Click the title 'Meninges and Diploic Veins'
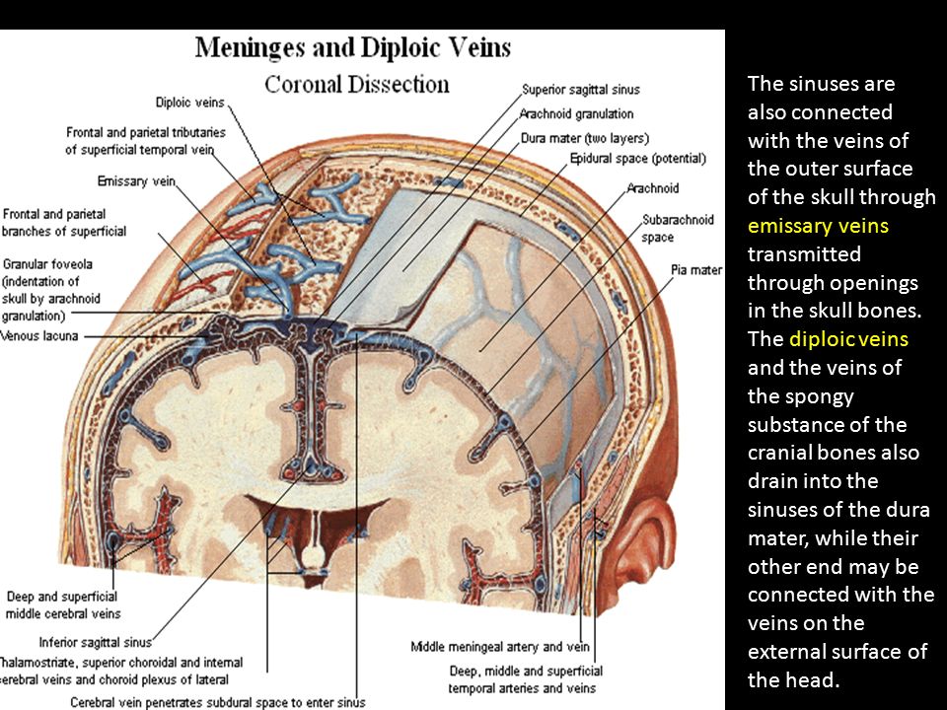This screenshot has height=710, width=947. click(x=353, y=47)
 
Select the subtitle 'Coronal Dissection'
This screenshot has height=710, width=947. click(x=356, y=84)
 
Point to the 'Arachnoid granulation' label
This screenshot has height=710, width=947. click(x=578, y=113)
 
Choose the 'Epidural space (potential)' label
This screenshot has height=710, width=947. click(x=638, y=159)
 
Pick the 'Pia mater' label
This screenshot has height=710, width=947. click(x=696, y=269)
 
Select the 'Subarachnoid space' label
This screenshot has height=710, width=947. click(x=678, y=228)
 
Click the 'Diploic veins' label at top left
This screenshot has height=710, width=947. click(x=189, y=103)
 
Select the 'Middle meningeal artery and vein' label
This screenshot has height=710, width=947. click(x=486, y=647)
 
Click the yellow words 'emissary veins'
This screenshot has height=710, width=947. click(x=818, y=226)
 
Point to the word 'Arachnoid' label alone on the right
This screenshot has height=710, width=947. click(x=653, y=188)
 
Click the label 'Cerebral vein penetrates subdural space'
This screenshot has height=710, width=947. click(x=217, y=702)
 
